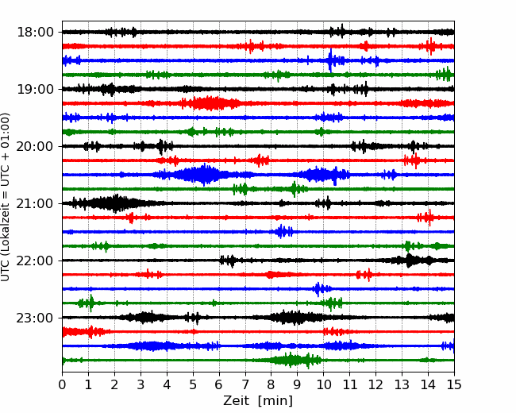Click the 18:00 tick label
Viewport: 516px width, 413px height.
click(34, 33)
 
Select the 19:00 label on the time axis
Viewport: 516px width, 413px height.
click(34, 90)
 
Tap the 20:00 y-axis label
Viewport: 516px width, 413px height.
click(34, 147)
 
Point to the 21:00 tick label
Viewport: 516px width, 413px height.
click(34, 204)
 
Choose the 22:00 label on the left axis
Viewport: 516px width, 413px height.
click(34, 261)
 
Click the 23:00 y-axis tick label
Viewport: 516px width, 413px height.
click(34, 318)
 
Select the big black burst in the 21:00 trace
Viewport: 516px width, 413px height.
click(115, 203)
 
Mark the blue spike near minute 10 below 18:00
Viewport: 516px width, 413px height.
click(330, 60)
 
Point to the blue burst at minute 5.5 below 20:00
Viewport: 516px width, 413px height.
click(205, 175)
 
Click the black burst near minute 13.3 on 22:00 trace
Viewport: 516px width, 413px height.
click(410, 261)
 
